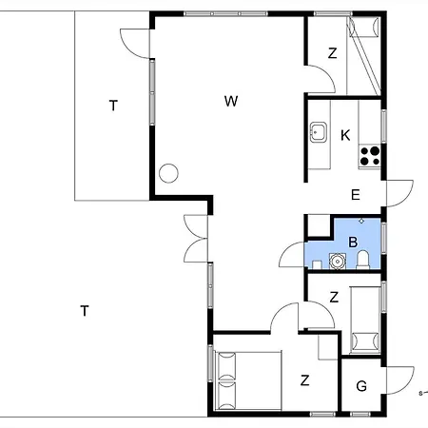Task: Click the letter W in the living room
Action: point(231,101)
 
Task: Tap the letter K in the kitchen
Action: point(345,135)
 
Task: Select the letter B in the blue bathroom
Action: point(353,242)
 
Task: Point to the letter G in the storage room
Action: point(361,386)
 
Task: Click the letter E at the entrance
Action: point(356,195)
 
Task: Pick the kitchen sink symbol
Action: point(319,132)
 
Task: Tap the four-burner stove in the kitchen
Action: point(370,156)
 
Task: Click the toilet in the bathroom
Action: point(363,260)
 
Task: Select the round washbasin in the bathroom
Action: point(338,262)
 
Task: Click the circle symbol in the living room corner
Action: point(168,173)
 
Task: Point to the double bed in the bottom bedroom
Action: point(248,380)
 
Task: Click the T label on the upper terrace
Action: point(113,106)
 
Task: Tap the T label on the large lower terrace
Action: point(85,311)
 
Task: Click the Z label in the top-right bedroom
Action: point(332,53)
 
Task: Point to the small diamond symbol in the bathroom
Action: point(361,221)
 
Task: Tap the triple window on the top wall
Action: point(225,13)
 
